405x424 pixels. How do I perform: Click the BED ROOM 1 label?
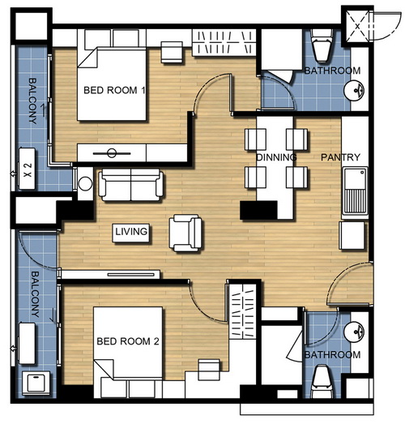pos(114,90)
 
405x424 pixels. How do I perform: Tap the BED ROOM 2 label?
pos(128,341)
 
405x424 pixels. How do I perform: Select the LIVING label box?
pos(131,233)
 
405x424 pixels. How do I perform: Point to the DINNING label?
pos(276,157)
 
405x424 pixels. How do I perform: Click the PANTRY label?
pos(340,157)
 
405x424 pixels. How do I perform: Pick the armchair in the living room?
pos(185,233)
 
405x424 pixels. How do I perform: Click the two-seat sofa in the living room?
pos(130,185)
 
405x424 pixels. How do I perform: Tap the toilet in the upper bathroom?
pos(322,45)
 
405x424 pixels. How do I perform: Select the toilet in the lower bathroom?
pos(322,381)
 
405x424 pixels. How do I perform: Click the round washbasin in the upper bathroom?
pos(354,90)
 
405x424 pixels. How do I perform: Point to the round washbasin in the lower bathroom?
pos(354,332)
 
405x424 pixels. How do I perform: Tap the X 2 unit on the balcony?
pos(27,169)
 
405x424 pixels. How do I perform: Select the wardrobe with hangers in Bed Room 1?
pos(224,42)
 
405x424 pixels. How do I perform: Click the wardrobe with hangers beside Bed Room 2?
pos(243,311)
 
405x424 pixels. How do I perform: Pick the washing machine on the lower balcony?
pos(36,383)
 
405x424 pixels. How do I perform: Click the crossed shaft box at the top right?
pos(357,27)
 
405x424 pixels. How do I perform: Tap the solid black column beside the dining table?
pos(259,210)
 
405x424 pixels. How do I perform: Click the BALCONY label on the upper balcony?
pos(32,101)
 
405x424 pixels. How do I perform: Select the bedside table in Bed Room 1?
pos(172,52)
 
